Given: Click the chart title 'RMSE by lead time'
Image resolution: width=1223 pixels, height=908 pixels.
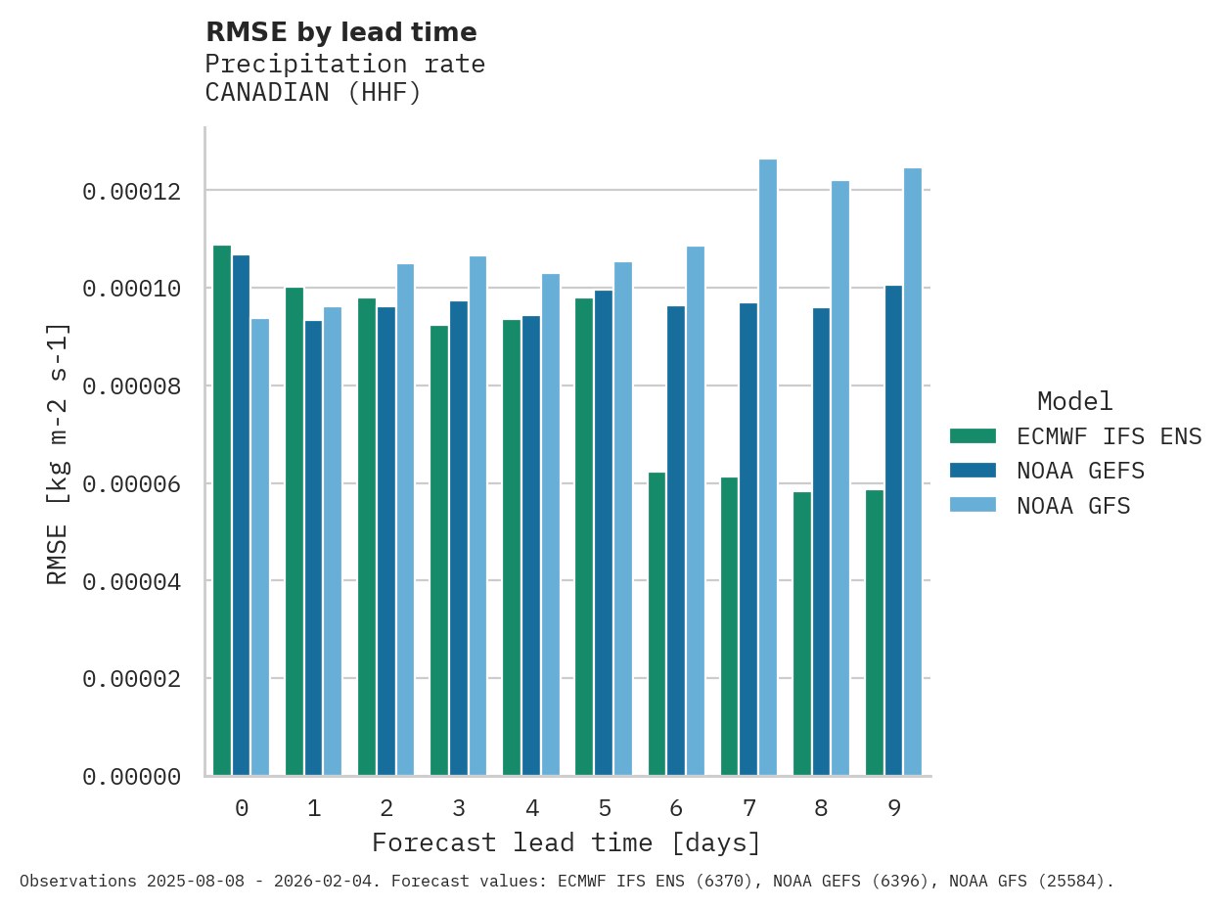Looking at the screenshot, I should [x=340, y=33].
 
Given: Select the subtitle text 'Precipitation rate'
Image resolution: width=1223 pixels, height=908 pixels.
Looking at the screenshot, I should [x=344, y=65].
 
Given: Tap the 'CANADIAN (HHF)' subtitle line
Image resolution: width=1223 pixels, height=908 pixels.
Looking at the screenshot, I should [x=313, y=94].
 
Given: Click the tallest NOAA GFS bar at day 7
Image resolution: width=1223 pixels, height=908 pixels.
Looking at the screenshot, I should [x=768, y=468].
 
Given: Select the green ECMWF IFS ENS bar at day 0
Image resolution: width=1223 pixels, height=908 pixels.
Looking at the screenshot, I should [x=222, y=511].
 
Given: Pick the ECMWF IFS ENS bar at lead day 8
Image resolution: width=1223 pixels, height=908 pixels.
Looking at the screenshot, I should [x=802, y=634].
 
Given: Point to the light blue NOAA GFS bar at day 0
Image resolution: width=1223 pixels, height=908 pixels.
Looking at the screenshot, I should [x=260, y=548].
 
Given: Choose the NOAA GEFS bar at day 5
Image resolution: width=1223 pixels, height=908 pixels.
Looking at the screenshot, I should [x=604, y=533].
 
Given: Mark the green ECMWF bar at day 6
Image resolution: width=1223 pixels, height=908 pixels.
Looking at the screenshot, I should [x=657, y=624].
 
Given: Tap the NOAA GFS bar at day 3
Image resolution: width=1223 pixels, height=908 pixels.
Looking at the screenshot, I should [x=477, y=516].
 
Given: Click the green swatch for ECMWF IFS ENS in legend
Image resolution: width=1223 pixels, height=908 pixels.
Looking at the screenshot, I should [x=973, y=436].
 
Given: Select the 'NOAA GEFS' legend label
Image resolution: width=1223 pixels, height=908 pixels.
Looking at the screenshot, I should [x=1080, y=472].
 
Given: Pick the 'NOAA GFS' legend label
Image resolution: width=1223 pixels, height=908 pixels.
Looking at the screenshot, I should [x=1073, y=507].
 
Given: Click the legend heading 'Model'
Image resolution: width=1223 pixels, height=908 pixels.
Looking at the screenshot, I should [x=1074, y=402].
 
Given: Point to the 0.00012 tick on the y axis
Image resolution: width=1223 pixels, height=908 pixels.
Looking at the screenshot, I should [x=131, y=192].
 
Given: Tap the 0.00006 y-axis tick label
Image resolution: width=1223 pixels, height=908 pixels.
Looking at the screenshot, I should [x=131, y=484].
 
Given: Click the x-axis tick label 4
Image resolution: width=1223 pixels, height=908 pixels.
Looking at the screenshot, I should [x=531, y=809].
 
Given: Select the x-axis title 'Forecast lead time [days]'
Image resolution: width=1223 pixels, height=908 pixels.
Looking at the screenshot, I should [x=566, y=843].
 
